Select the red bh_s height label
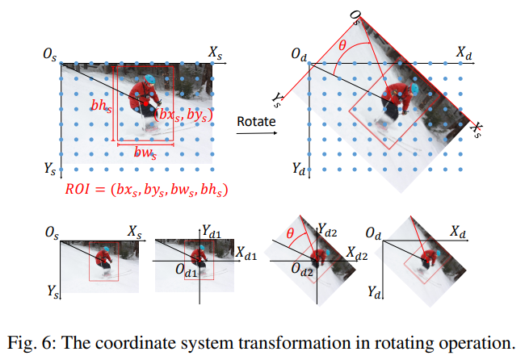tap(100, 106)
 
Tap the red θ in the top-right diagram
tap(342, 46)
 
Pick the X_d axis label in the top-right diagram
tap(464, 52)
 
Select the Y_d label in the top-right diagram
tap(299, 170)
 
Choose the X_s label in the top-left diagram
tap(216, 52)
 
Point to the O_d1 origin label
tap(185, 273)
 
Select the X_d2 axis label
tap(357, 253)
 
